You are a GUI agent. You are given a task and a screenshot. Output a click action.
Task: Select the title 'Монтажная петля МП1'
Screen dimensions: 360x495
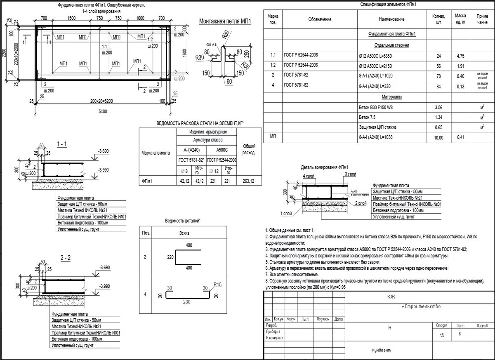225,22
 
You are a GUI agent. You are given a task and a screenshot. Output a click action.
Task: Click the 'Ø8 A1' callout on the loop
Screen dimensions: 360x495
211,45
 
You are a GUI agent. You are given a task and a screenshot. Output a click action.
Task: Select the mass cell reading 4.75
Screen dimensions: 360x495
460,55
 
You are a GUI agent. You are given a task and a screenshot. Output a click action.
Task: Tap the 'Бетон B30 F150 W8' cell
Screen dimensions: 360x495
376,107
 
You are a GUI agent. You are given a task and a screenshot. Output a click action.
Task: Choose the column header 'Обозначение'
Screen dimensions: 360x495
319,19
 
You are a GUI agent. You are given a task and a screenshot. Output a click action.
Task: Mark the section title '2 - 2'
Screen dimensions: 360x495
65,259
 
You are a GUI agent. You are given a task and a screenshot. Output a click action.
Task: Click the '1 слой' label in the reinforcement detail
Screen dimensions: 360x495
285,214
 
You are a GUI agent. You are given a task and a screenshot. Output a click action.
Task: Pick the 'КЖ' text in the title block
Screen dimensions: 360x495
391,296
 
